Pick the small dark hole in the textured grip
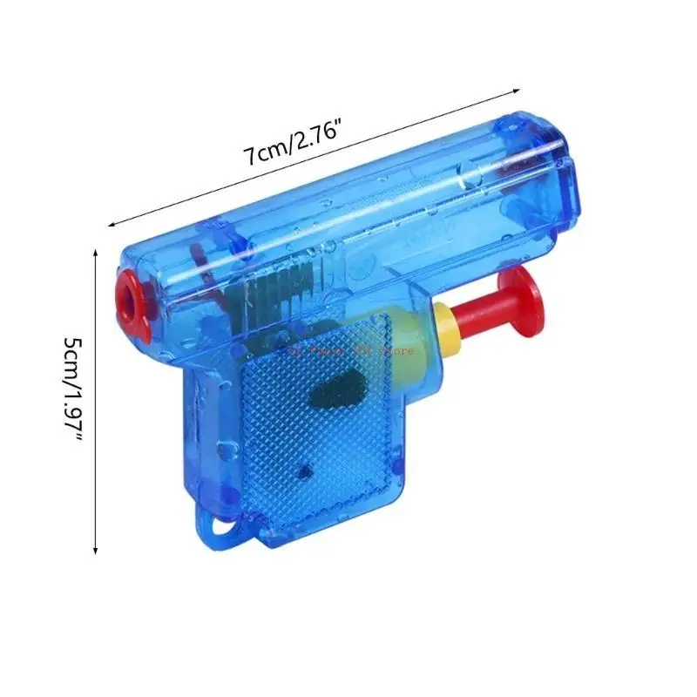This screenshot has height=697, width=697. click(302, 470)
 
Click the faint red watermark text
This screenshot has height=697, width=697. click(348, 350)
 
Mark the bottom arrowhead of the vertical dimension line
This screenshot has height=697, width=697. click(94, 551)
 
